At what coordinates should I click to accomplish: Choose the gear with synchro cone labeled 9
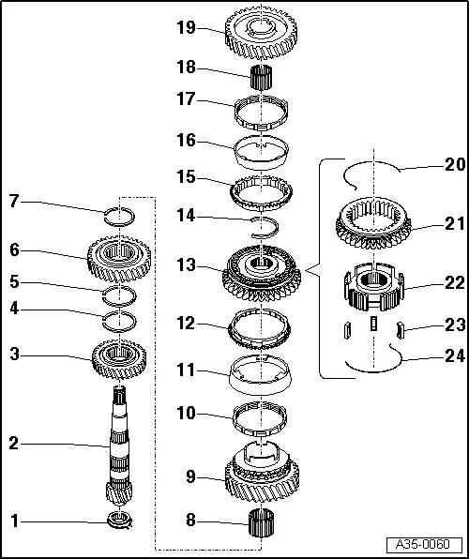262,474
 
